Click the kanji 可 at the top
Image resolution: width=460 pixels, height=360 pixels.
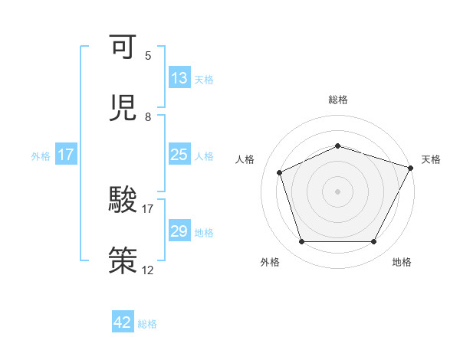point(123,47)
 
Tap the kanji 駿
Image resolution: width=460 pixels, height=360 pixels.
point(123,200)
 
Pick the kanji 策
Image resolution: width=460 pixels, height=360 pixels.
point(123,259)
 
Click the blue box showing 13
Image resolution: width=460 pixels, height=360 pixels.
point(179,78)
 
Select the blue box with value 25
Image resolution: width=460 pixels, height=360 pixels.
point(179,155)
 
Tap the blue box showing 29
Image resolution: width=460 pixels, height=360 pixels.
point(179,231)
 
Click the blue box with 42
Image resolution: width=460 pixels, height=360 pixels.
point(123,322)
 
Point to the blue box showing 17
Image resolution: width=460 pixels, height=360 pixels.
point(66,155)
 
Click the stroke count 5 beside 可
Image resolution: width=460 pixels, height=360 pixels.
point(148,56)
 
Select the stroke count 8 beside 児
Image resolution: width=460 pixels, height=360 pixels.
point(148,117)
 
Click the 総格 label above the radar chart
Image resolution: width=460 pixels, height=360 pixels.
point(338,100)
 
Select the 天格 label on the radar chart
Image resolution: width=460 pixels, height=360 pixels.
point(432,159)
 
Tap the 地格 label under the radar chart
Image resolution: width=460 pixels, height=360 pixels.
point(402,263)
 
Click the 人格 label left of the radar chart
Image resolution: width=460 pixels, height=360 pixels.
point(245,159)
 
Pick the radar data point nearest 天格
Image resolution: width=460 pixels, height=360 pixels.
point(412,168)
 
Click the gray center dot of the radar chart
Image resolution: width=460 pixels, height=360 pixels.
point(338,191)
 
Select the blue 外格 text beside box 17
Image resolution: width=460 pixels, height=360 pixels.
point(41,155)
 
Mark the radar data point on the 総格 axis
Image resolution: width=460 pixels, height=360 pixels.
point(338,146)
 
